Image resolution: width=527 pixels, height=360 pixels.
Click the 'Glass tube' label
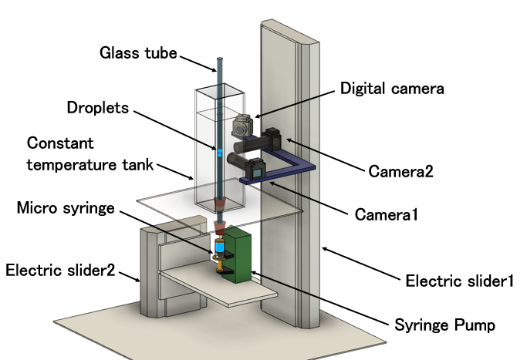point(138,52)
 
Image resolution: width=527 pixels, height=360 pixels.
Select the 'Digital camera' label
point(392,89)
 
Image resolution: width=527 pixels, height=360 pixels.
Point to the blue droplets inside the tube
point(218,152)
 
